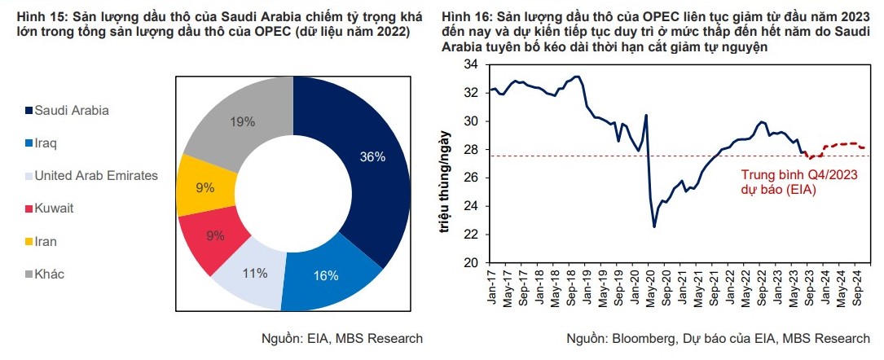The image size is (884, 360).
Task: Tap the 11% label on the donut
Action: pyautogui.click(x=255, y=274)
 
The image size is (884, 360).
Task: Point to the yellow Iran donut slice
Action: pyautogui.click(x=205, y=187)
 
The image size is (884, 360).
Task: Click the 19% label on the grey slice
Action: pyautogui.click(x=243, y=122)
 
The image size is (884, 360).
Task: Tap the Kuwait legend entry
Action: pyautogui.click(x=54, y=209)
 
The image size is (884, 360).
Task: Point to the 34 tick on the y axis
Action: pyautogui.click(x=470, y=65)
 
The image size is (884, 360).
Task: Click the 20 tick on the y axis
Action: pyautogui.click(x=470, y=263)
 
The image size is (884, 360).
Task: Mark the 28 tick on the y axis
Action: pyautogui.click(x=470, y=150)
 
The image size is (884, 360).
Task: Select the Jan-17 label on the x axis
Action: pyautogui.click(x=491, y=286)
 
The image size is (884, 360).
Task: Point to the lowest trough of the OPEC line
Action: pyautogui.click(x=654, y=226)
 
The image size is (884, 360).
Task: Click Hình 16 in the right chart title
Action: pyautogui.click(x=467, y=15)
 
